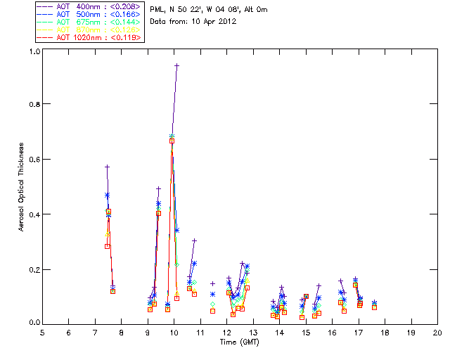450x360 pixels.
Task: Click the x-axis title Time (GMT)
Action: tap(238, 341)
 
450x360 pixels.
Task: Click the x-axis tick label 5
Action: tap(42, 331)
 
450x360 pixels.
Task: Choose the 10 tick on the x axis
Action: tap(174, 331)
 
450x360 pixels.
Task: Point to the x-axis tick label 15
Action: tap(306, 331)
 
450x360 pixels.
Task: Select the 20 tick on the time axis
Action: tap(437, 331)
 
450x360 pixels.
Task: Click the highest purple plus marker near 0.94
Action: tap(176, 65)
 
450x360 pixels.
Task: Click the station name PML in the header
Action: tap(158, 10)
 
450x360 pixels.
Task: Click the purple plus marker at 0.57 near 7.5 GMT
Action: tap(107, 167)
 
